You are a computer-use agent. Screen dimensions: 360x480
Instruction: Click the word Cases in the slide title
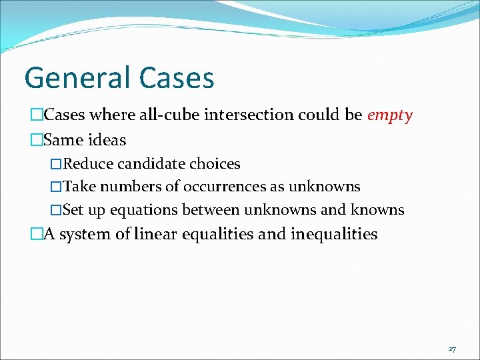(177, 78)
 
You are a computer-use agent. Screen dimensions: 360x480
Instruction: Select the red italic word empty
(390, 115)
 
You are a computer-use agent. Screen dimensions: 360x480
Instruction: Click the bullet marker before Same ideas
(36, 141)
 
